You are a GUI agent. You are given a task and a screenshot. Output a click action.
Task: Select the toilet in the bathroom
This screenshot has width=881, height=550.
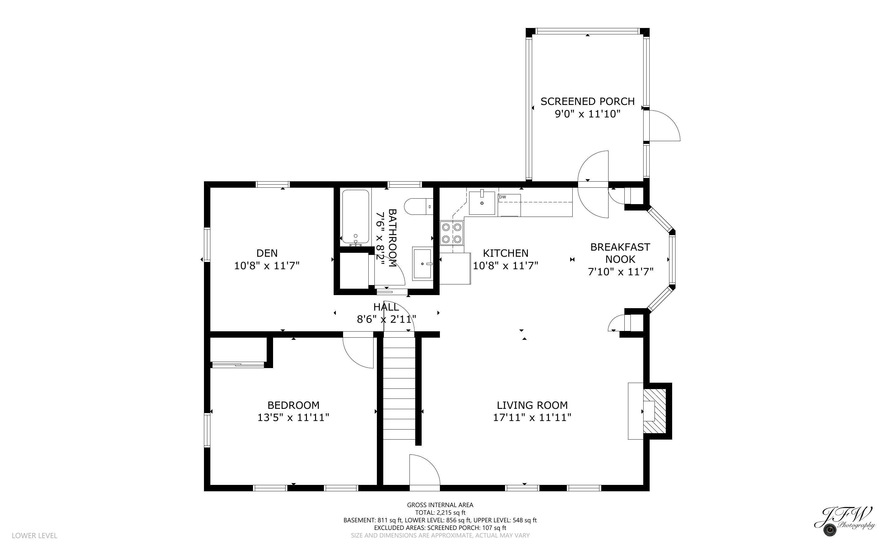coord(419,207)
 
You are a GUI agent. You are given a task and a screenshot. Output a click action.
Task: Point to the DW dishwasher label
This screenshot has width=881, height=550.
coord(503,197)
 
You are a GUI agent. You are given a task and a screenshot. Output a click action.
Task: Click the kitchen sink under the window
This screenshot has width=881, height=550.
coord(482,203)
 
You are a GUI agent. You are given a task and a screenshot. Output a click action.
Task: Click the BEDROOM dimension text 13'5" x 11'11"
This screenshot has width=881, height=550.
coord(293,418)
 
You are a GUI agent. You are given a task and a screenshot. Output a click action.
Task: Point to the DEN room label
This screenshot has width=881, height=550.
coord(267,253)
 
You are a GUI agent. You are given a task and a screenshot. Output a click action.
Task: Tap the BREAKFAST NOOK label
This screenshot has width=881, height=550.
coord(620,253)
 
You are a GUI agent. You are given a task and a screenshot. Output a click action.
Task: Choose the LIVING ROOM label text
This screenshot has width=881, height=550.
coord(532,405)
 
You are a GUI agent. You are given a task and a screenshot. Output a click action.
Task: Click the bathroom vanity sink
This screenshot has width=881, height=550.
coord(423,263)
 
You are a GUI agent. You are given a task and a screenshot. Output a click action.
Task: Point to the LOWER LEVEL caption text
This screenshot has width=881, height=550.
coord(35,535)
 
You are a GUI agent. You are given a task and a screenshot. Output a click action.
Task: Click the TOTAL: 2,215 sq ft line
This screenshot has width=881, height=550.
coord(440,513)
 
